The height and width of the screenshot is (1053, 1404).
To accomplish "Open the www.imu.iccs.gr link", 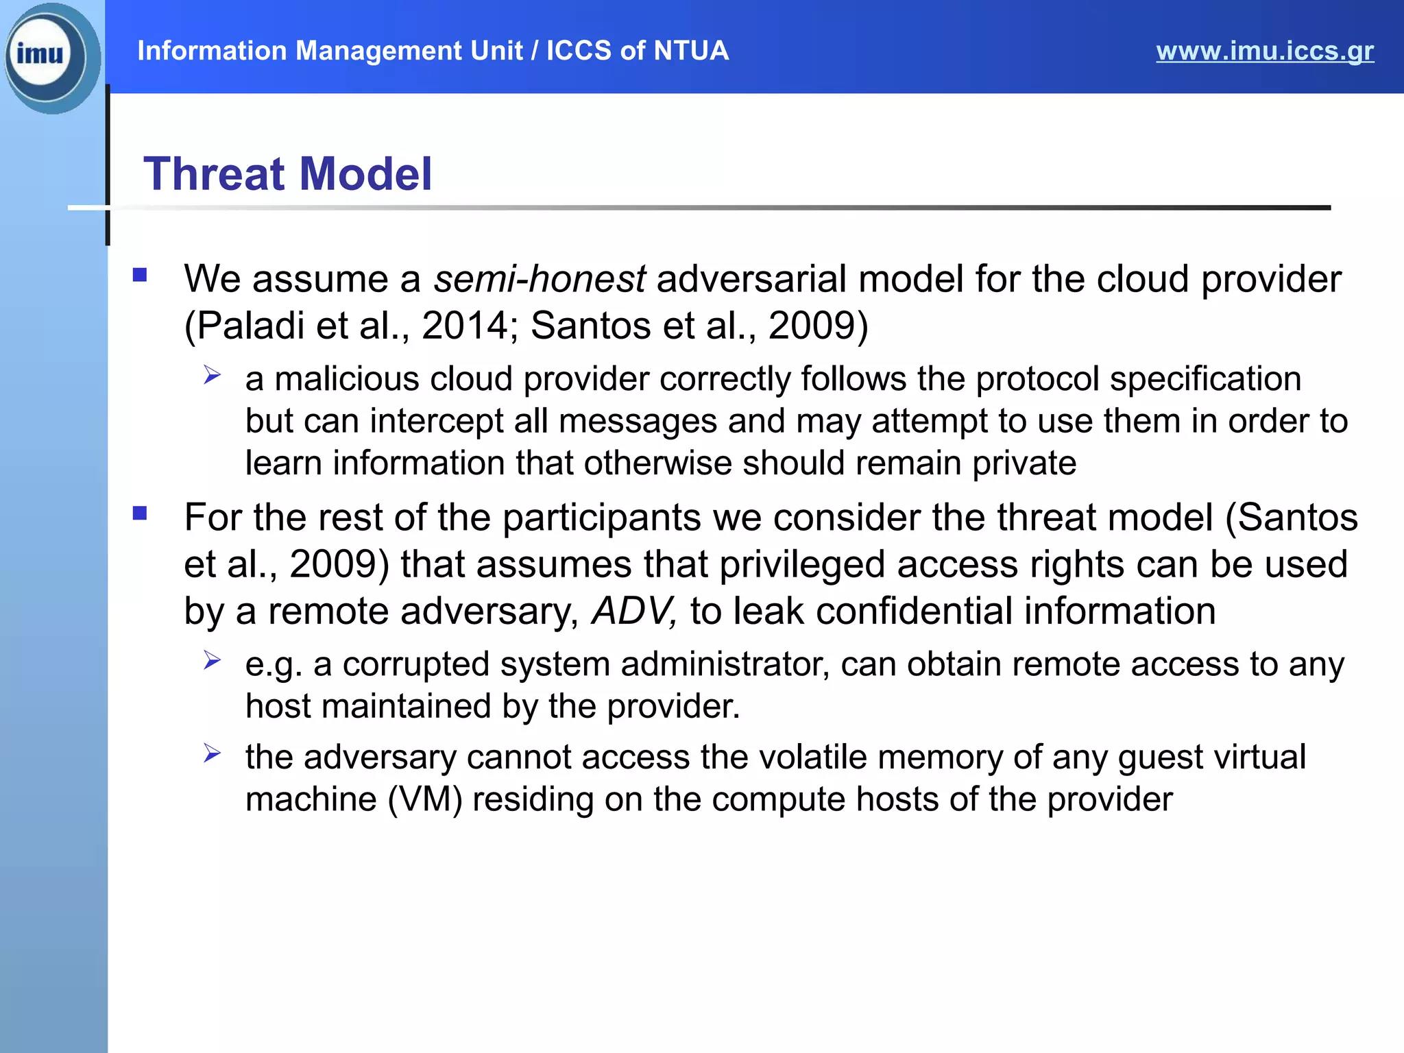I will (1264, 51).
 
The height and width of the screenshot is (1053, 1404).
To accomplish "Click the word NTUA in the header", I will (690, 51).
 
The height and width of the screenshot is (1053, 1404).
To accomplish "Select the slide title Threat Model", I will (287, 173).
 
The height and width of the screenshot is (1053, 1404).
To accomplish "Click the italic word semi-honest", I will (539, 279).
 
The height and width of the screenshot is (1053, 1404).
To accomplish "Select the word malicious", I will (347, 379).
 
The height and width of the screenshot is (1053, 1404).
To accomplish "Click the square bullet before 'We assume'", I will (140, 276).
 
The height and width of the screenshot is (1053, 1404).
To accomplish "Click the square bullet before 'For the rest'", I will (140, 513).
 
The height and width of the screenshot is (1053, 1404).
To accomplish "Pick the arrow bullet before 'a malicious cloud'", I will (212, 375).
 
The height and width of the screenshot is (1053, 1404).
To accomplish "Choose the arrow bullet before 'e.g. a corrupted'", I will (212, 660).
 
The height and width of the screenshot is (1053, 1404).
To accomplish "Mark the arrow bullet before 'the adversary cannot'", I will (212, 753).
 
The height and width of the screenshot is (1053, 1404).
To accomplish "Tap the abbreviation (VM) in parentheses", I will (425, 799).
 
